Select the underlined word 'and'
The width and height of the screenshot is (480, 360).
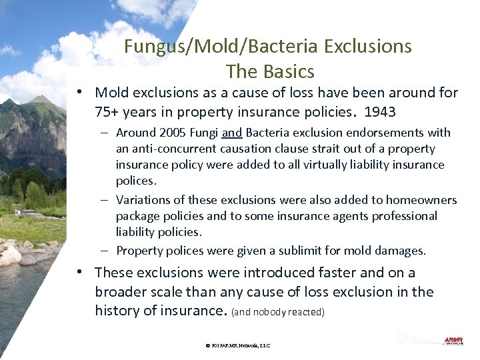coord(231,133)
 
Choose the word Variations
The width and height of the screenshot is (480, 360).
coord(143,200)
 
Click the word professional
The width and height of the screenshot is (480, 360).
coord(402,216)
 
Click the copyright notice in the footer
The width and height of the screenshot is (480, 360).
coord(238,345)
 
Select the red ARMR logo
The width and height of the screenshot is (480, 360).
coord(453,341)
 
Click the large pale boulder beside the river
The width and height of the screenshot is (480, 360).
coord(10,254)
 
